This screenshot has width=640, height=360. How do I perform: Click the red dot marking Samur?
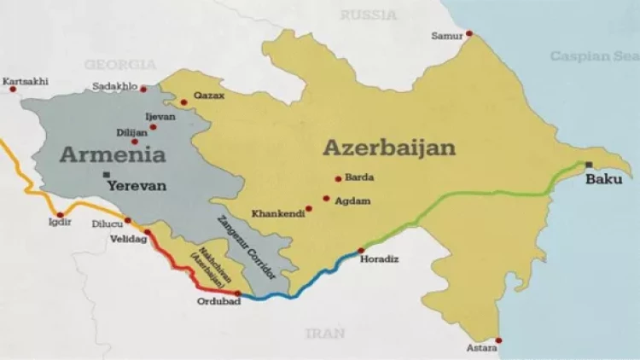(x=468, y=34)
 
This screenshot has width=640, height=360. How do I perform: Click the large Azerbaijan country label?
(x=388, y=148)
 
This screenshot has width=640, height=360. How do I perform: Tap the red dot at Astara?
(x=499, y=340)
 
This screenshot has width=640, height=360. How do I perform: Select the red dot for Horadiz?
(x=361, y=251)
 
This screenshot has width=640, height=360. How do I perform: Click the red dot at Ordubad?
(x=237, y=293)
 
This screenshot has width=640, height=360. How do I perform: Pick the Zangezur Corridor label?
(x=247, y=247)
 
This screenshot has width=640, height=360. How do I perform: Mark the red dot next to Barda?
(x=338, y=179)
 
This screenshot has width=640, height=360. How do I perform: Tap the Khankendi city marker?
(x=309, y=208)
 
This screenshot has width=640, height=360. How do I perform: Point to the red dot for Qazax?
(x=183, y=102)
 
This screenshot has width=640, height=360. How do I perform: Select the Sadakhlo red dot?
(x=143, y=89)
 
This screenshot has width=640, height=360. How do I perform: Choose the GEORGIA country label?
(x=119, y=64)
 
